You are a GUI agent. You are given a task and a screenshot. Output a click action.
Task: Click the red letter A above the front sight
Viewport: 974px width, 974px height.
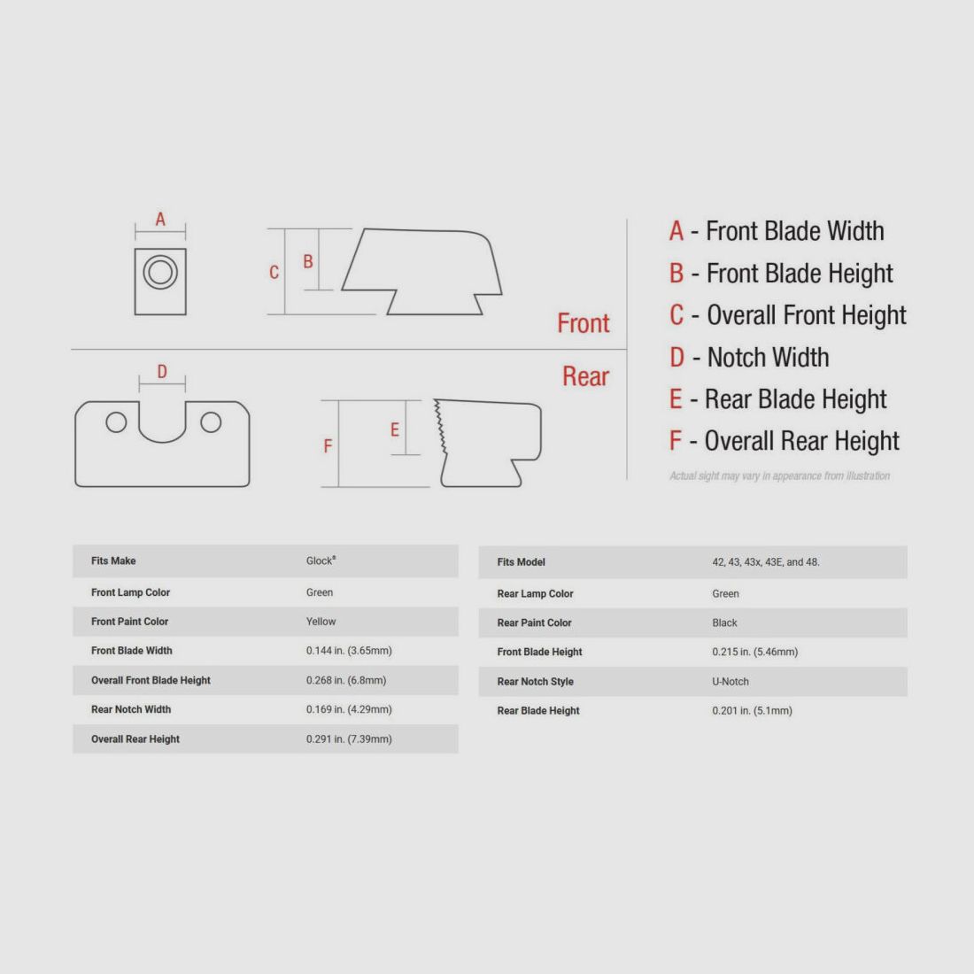160,219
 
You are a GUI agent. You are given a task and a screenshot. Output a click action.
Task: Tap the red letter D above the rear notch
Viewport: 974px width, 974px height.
162,372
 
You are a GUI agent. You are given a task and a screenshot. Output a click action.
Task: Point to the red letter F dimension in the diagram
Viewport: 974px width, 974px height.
328,446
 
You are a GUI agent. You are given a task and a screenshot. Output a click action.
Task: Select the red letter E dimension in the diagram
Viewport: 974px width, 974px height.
395,429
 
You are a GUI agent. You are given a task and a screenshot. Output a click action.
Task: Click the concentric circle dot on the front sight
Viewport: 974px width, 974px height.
160,272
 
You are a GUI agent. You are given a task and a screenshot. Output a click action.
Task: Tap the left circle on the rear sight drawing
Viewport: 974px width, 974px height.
116,422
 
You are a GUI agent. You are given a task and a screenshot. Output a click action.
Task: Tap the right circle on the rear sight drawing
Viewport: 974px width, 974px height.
211,422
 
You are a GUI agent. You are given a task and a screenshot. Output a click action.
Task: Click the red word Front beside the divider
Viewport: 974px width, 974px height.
583,323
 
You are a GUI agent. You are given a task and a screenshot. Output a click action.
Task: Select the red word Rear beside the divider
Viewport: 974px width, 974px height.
585,376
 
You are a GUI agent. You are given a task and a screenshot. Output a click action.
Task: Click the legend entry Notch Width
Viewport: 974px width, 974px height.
749,358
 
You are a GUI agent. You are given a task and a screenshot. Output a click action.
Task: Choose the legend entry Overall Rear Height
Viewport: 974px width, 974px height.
784,441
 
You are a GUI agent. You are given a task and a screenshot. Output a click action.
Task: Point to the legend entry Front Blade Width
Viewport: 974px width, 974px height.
777,231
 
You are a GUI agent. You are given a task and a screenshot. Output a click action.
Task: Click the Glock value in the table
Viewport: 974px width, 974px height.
321,560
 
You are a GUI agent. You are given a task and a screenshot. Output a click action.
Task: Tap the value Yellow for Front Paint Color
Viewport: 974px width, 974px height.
321,622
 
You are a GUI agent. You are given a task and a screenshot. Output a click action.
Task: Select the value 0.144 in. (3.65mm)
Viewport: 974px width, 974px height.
349,651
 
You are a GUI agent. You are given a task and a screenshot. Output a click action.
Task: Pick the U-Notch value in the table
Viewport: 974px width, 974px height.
730,682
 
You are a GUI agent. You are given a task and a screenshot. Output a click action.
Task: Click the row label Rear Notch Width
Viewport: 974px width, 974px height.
131,709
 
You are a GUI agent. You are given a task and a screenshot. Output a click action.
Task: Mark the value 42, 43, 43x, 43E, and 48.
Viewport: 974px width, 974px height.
765,562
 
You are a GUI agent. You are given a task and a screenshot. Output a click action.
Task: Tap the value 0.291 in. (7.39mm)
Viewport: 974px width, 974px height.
349,739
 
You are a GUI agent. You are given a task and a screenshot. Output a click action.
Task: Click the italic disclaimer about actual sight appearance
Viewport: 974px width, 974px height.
779,476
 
